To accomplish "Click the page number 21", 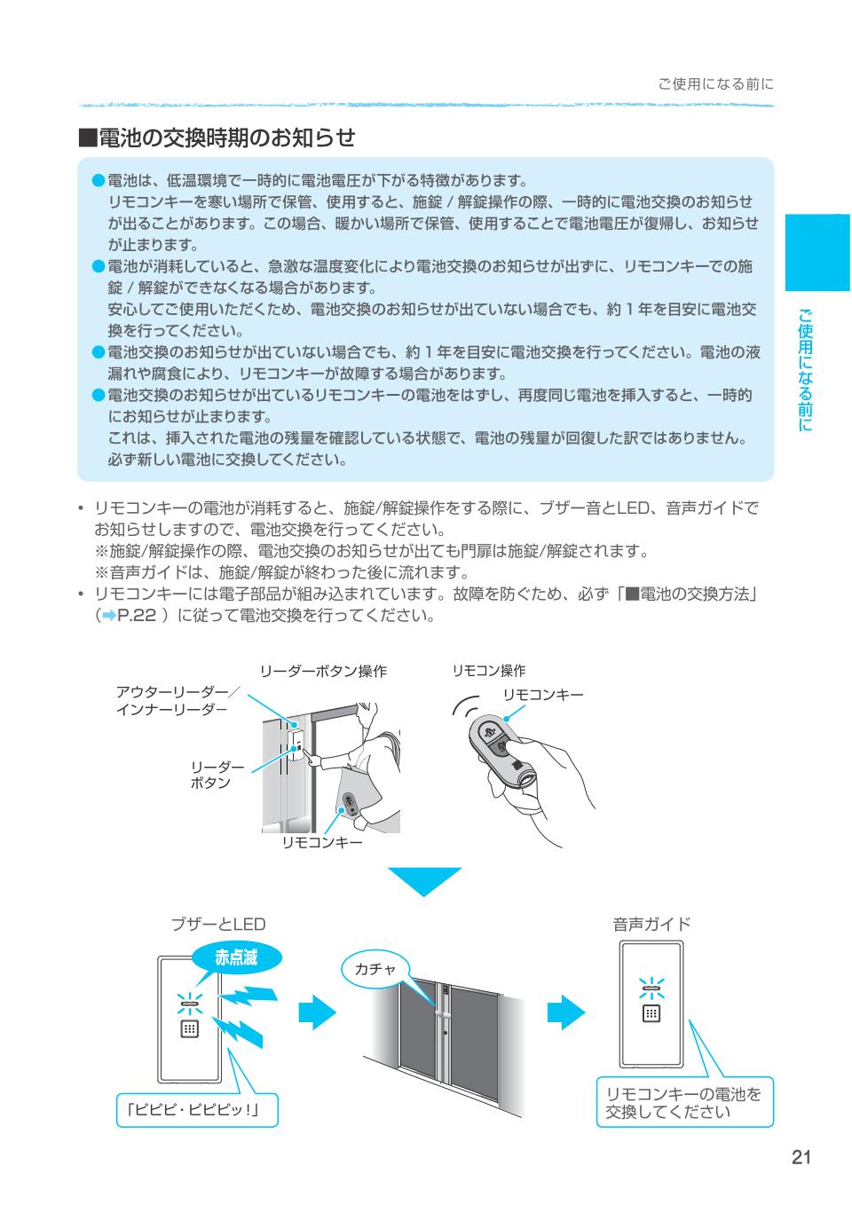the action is [801, 1157].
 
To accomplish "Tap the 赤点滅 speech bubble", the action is [237, 957].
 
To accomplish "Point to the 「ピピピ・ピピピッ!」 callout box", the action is [197, 1109].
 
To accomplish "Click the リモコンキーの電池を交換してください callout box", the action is [684, 1101].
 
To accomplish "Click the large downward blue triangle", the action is [424, 880].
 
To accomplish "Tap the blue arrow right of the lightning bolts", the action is [318, 1012].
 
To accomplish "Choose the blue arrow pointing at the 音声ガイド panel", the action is [566, 1012].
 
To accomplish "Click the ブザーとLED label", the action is [218, 925].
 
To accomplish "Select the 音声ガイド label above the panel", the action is [651, 925].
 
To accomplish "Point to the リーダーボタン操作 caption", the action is [323, 671].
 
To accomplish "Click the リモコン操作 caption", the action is [489, 670].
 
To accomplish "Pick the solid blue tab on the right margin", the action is [817, 252].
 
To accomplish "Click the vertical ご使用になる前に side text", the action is [805, 370].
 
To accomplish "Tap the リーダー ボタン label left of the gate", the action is [217, 776].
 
